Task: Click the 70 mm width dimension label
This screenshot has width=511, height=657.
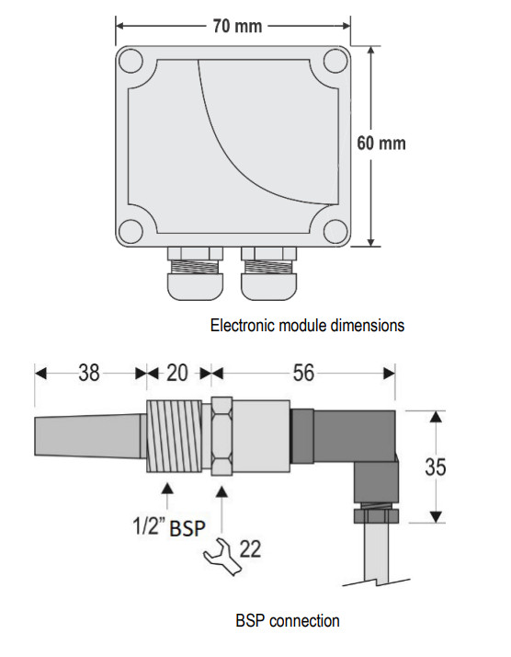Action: tap(237, 26)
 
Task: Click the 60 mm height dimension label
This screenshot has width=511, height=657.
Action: tap(381, 144)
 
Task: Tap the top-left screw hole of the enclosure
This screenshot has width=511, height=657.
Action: tap(131, 61)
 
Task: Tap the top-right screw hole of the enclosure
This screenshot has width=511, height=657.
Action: tap(335, 61)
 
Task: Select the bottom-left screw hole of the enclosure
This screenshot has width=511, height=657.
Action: tap(131, 231)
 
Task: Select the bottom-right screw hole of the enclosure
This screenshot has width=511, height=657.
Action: tap(335, 231)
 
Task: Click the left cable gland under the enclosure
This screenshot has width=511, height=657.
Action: tap(195, 273)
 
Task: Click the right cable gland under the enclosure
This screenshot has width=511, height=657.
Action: tap(268, 273)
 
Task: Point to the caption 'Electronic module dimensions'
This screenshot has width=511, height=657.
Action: tap(307, 326)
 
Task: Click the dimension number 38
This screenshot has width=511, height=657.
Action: tap(89, 373)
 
